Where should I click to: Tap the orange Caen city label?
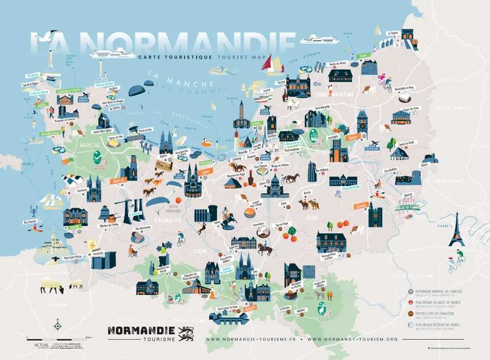coord(205,171)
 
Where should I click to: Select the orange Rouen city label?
coord(351,138)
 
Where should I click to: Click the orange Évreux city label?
coord(362,205)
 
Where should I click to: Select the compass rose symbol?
coord(57,325)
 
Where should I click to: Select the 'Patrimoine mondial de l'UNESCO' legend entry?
coord(439,291)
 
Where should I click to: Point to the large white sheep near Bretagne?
coord(51,285)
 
